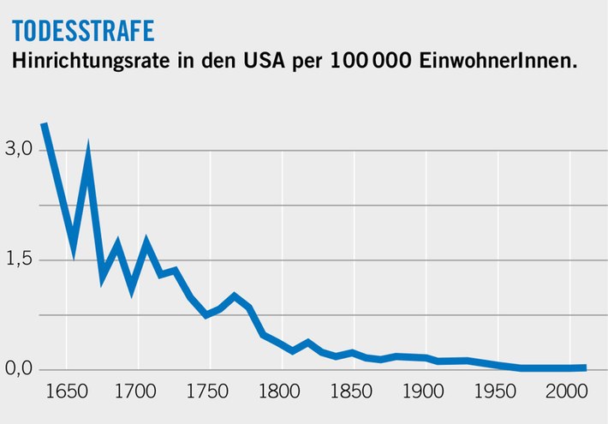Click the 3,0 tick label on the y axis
[x=19, y=149]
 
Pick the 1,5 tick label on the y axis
[x=19, y=260]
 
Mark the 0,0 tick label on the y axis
[x=19, y=369]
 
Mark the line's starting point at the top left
[x=44, y=125]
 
